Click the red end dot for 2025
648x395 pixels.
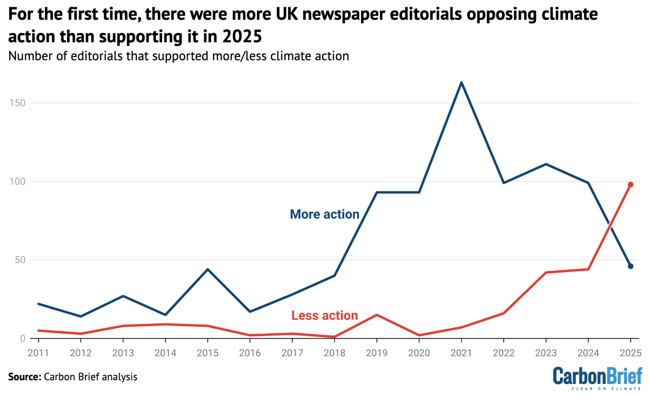pos(631,185)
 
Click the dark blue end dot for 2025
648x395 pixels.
pos(631,266)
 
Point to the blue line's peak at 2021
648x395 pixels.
pos(461,83)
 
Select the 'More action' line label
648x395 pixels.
pos(325,214)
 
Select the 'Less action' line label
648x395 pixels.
pos(325,316)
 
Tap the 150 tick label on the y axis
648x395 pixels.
pos(17,103)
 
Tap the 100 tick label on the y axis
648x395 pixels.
pos(17,181)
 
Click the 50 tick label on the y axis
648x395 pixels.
pos(20,260)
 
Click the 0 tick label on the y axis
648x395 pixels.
pos(23,338)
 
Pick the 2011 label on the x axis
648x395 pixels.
pos(38,353)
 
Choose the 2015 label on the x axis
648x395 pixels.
pos(208,353)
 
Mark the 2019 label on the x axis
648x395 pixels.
pos(377,353)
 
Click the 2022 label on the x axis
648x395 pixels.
pos(504,353)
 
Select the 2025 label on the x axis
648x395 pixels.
pos(631,353)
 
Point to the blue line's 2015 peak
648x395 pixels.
pos(208,269)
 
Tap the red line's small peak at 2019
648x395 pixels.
pos(377,315)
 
